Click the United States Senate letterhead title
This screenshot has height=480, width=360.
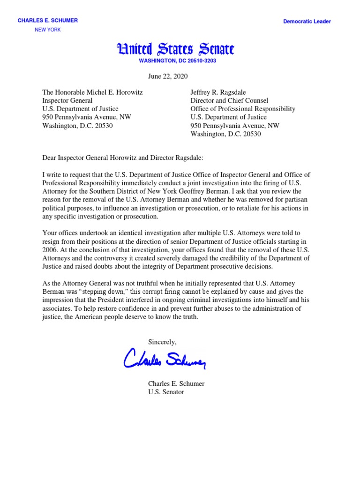click(176, 49)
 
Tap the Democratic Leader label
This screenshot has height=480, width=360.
click(307, 22)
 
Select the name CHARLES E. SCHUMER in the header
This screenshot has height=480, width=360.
click(48, 21)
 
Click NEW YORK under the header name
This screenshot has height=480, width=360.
click(48, 30)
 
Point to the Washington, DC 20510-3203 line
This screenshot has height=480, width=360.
click(178, 61)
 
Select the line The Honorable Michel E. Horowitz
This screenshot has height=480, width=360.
click(93, 92)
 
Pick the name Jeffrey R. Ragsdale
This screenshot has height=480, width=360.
click(218, 92)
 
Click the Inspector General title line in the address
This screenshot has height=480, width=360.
click(67, 100)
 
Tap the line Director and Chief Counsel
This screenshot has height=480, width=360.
click(229, 100)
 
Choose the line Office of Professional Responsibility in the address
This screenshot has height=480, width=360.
click(243, 109)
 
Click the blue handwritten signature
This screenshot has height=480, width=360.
click(165, 360)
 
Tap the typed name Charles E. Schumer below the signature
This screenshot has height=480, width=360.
click(176, 383)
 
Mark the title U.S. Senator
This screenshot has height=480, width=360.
click(166, 392)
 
